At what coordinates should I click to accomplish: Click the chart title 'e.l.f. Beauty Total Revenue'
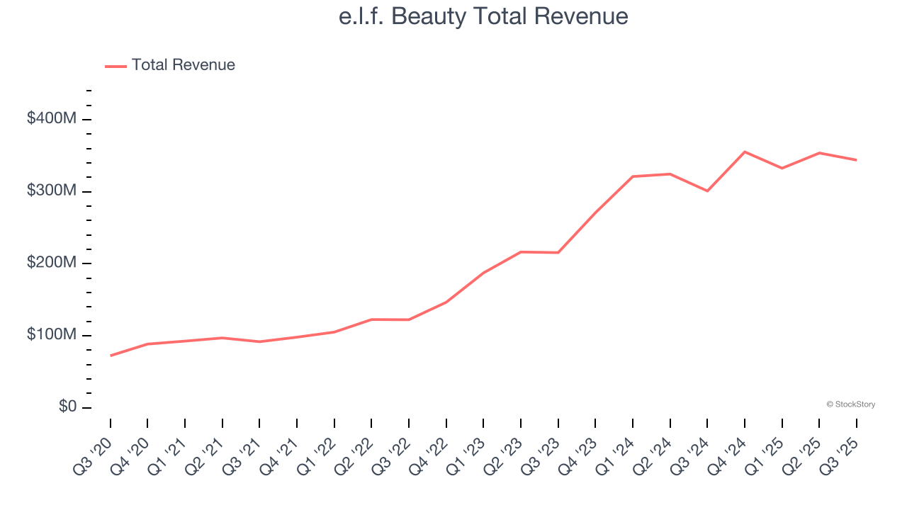point(483,16)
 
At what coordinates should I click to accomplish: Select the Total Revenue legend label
point(183,65)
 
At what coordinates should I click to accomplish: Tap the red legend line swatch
point(116,66)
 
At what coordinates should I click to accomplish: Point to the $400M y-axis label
point(52,119)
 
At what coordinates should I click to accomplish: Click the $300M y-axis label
point(52,191)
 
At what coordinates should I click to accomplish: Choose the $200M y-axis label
point(52,263)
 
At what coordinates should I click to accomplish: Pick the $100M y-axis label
point(52,335)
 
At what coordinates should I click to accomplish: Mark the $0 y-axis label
point(68,407)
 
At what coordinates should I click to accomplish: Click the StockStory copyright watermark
point(850,404)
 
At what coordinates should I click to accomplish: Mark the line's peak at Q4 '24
point(745,152)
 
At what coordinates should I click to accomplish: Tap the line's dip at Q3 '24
point(707,191)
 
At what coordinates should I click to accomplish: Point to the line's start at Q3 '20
point(111,356)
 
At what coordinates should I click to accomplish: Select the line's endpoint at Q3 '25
point(857,160)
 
